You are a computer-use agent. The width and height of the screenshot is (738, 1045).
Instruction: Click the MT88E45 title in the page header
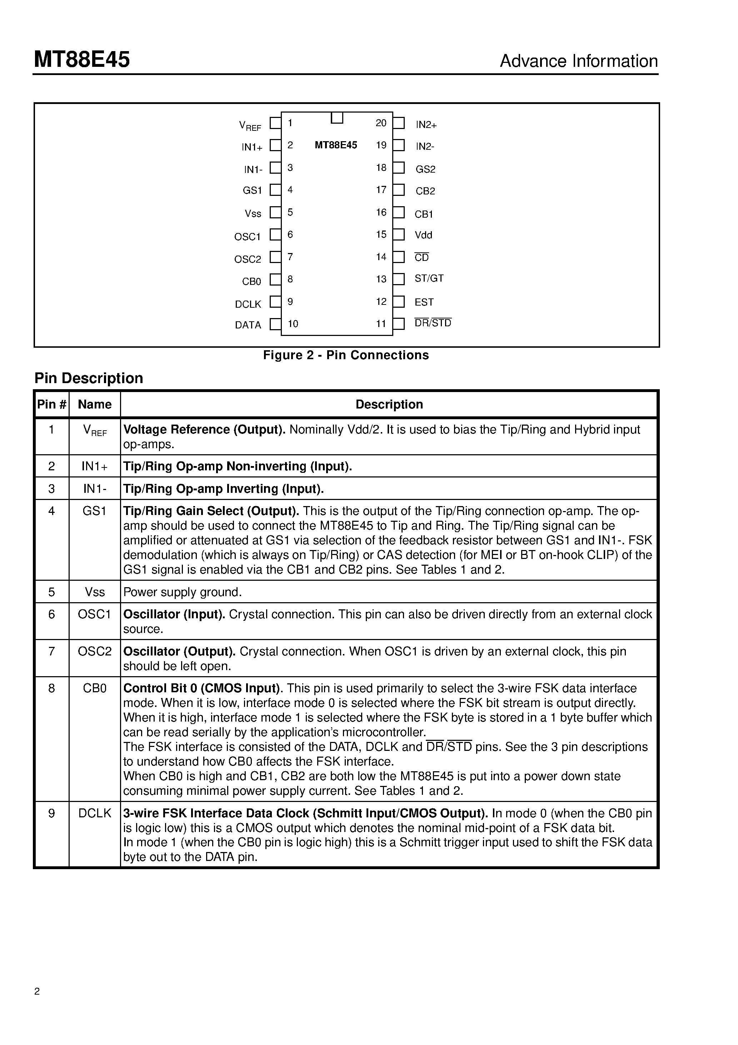(x=82, y=60)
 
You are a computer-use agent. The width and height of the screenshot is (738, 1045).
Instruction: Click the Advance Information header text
(x=578, y=61)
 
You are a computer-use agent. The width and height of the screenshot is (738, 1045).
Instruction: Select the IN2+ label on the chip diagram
(x=426, y=125)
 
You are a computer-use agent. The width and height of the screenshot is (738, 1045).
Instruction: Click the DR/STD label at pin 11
(x=433, y=323)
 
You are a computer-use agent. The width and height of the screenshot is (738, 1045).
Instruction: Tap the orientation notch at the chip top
(x=337, y=118)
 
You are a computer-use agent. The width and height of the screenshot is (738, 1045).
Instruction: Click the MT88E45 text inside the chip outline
(x=336, y=145)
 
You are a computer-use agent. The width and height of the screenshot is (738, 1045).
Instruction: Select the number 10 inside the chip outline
(x=293, y=323)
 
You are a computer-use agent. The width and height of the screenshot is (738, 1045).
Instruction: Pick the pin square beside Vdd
(x=399, y=234)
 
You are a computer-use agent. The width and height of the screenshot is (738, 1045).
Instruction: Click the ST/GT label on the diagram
(x=429, y=278)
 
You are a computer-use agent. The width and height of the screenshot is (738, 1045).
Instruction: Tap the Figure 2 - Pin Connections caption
(x=346, y=355)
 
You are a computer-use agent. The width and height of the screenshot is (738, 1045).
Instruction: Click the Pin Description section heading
(x=89, y=378)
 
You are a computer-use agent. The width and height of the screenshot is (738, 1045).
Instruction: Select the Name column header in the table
(x=95, y=404)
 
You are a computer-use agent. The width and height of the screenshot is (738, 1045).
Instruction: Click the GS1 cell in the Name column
(x=95, y=511)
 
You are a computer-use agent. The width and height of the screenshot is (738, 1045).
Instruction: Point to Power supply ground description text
(x=183, y=592)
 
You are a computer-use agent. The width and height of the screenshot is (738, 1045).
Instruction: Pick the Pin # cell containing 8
(x=51, y=688)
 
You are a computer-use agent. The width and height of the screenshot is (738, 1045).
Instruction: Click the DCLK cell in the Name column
(x=95, y=813)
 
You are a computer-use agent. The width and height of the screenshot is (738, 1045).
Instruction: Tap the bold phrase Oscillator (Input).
(x=174, y=614)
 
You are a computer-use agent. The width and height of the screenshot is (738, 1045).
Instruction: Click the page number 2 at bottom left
(x=37, y=991)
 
